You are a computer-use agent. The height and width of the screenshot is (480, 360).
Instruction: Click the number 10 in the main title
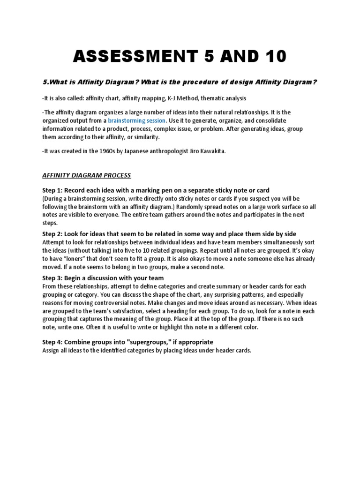pyautogui.click(x=271, y=56)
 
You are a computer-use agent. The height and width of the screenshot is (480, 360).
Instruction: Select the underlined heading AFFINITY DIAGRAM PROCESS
pyautogui.click(x=86, y=175)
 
